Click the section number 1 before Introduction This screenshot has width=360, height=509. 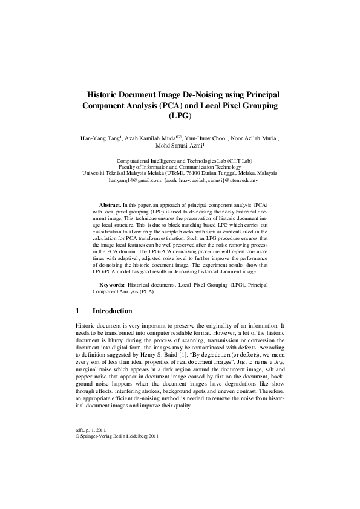click(77, 311)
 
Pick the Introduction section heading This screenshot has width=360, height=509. click(113, 311)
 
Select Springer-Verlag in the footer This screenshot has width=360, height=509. click(96, 435)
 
